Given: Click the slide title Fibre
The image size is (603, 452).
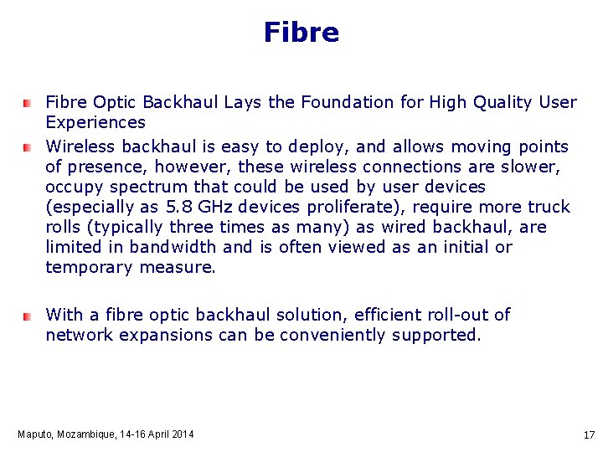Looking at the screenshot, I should pyautogui.click(x=301, y=33).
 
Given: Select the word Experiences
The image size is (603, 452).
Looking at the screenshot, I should pyautogui.click(x=95, y=122).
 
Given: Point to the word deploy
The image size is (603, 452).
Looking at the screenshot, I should pyautogui.click(x=328, y=146).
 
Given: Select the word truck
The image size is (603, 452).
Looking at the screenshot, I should pyautogui.click(x=549, y=207).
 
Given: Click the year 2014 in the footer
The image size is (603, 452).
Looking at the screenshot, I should pyautogui.click(x=182, y=434).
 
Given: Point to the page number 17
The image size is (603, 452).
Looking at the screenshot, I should pyautogui.click(x=588, y=435).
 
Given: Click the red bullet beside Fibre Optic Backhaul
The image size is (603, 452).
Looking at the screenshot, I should pyautogui.click(x=27, y=103).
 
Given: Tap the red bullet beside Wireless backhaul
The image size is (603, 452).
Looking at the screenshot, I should pyautogui.click(x=27, y=147).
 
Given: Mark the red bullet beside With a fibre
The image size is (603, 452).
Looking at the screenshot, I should pyautogui.click(x=27, y=316).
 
